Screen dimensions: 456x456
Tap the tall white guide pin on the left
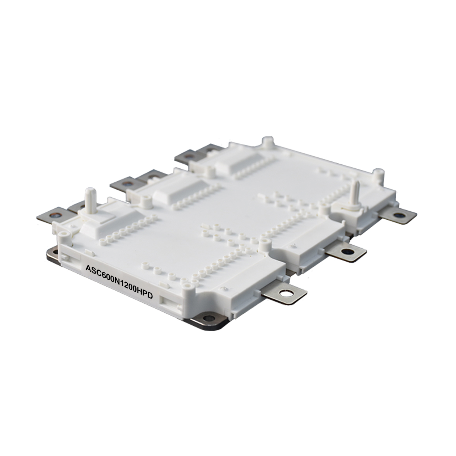pyautogui.click(x=89, y=201)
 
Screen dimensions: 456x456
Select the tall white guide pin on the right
pyautogui.click(x=354, y=192)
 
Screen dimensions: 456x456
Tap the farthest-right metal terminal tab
pyautogui.click(x=398, y=216)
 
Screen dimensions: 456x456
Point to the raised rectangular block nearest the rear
pyautogui.click(x=234, y=159)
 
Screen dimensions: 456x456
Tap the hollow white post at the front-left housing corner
pyautogui.click(x=64, y=237)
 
